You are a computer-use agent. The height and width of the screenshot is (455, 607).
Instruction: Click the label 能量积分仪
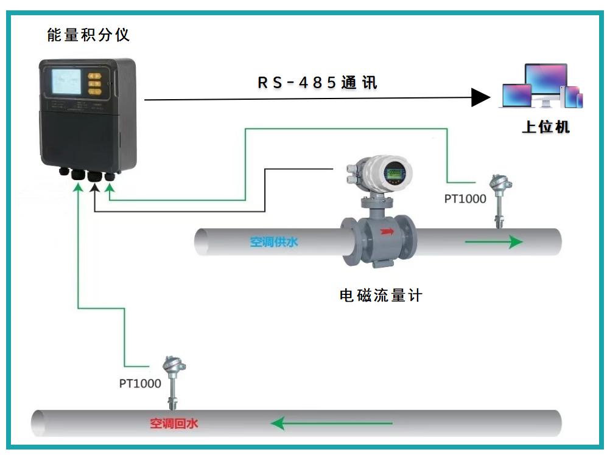(x=88, y=35)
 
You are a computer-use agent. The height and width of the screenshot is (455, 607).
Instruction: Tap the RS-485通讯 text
(x=317, y=83)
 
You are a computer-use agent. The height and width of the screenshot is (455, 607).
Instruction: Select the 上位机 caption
(x=546, y=127)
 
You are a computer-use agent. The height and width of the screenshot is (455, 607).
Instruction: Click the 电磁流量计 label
(x=381, y=296)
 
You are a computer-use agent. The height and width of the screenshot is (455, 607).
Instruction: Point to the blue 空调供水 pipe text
(x=274, y=242)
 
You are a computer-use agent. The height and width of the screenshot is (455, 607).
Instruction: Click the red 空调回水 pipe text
(x=174, y=423)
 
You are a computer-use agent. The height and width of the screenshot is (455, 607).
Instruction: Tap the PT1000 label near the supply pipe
(x=465, y=199)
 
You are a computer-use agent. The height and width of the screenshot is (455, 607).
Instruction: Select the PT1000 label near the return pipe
(x=140, y=383)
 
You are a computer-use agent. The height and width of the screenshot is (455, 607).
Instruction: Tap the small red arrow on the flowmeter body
(x=387, y=231)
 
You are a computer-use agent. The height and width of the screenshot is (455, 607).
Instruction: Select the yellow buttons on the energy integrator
(x=95, y=83)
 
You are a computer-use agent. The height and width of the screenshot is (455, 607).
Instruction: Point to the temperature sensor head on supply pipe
(x=499, y=182)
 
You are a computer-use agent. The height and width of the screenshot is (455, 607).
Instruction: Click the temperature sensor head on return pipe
(x=172, y=365)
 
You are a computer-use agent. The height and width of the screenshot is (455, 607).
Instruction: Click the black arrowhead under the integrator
(x=95, y=188)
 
